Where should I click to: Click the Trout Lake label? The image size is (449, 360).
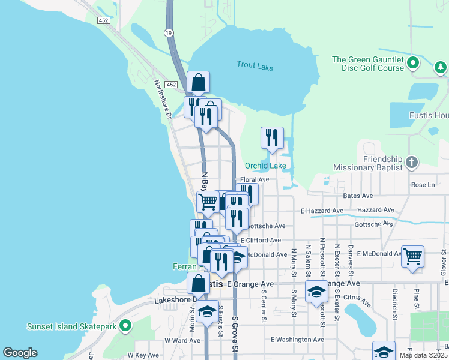coord(255,65)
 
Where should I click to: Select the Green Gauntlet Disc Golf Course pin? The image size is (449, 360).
coord(413,63)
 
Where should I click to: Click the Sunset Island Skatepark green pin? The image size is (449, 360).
coord(125,326)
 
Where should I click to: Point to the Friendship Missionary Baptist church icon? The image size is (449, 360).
coord(411,162)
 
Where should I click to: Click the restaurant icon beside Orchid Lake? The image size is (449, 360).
coord(272,138)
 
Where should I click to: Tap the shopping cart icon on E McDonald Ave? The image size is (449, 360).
coord(412,256)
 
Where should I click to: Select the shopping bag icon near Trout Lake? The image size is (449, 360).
coord(198,82)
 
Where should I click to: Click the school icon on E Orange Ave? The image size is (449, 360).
coord(316,292)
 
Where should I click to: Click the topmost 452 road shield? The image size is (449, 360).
coord(104,20)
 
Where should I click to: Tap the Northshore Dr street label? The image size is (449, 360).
coord(162,99)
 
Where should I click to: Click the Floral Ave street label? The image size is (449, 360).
coord(255,179)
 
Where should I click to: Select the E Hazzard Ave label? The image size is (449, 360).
coord(322,211)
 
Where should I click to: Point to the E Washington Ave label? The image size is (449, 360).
coord(297,340)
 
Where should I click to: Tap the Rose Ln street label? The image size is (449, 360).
coord(423,185)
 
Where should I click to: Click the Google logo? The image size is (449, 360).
coord(20,353)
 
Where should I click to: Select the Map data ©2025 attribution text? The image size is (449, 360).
coord(423,355)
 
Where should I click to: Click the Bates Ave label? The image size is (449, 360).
coord(358,196)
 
